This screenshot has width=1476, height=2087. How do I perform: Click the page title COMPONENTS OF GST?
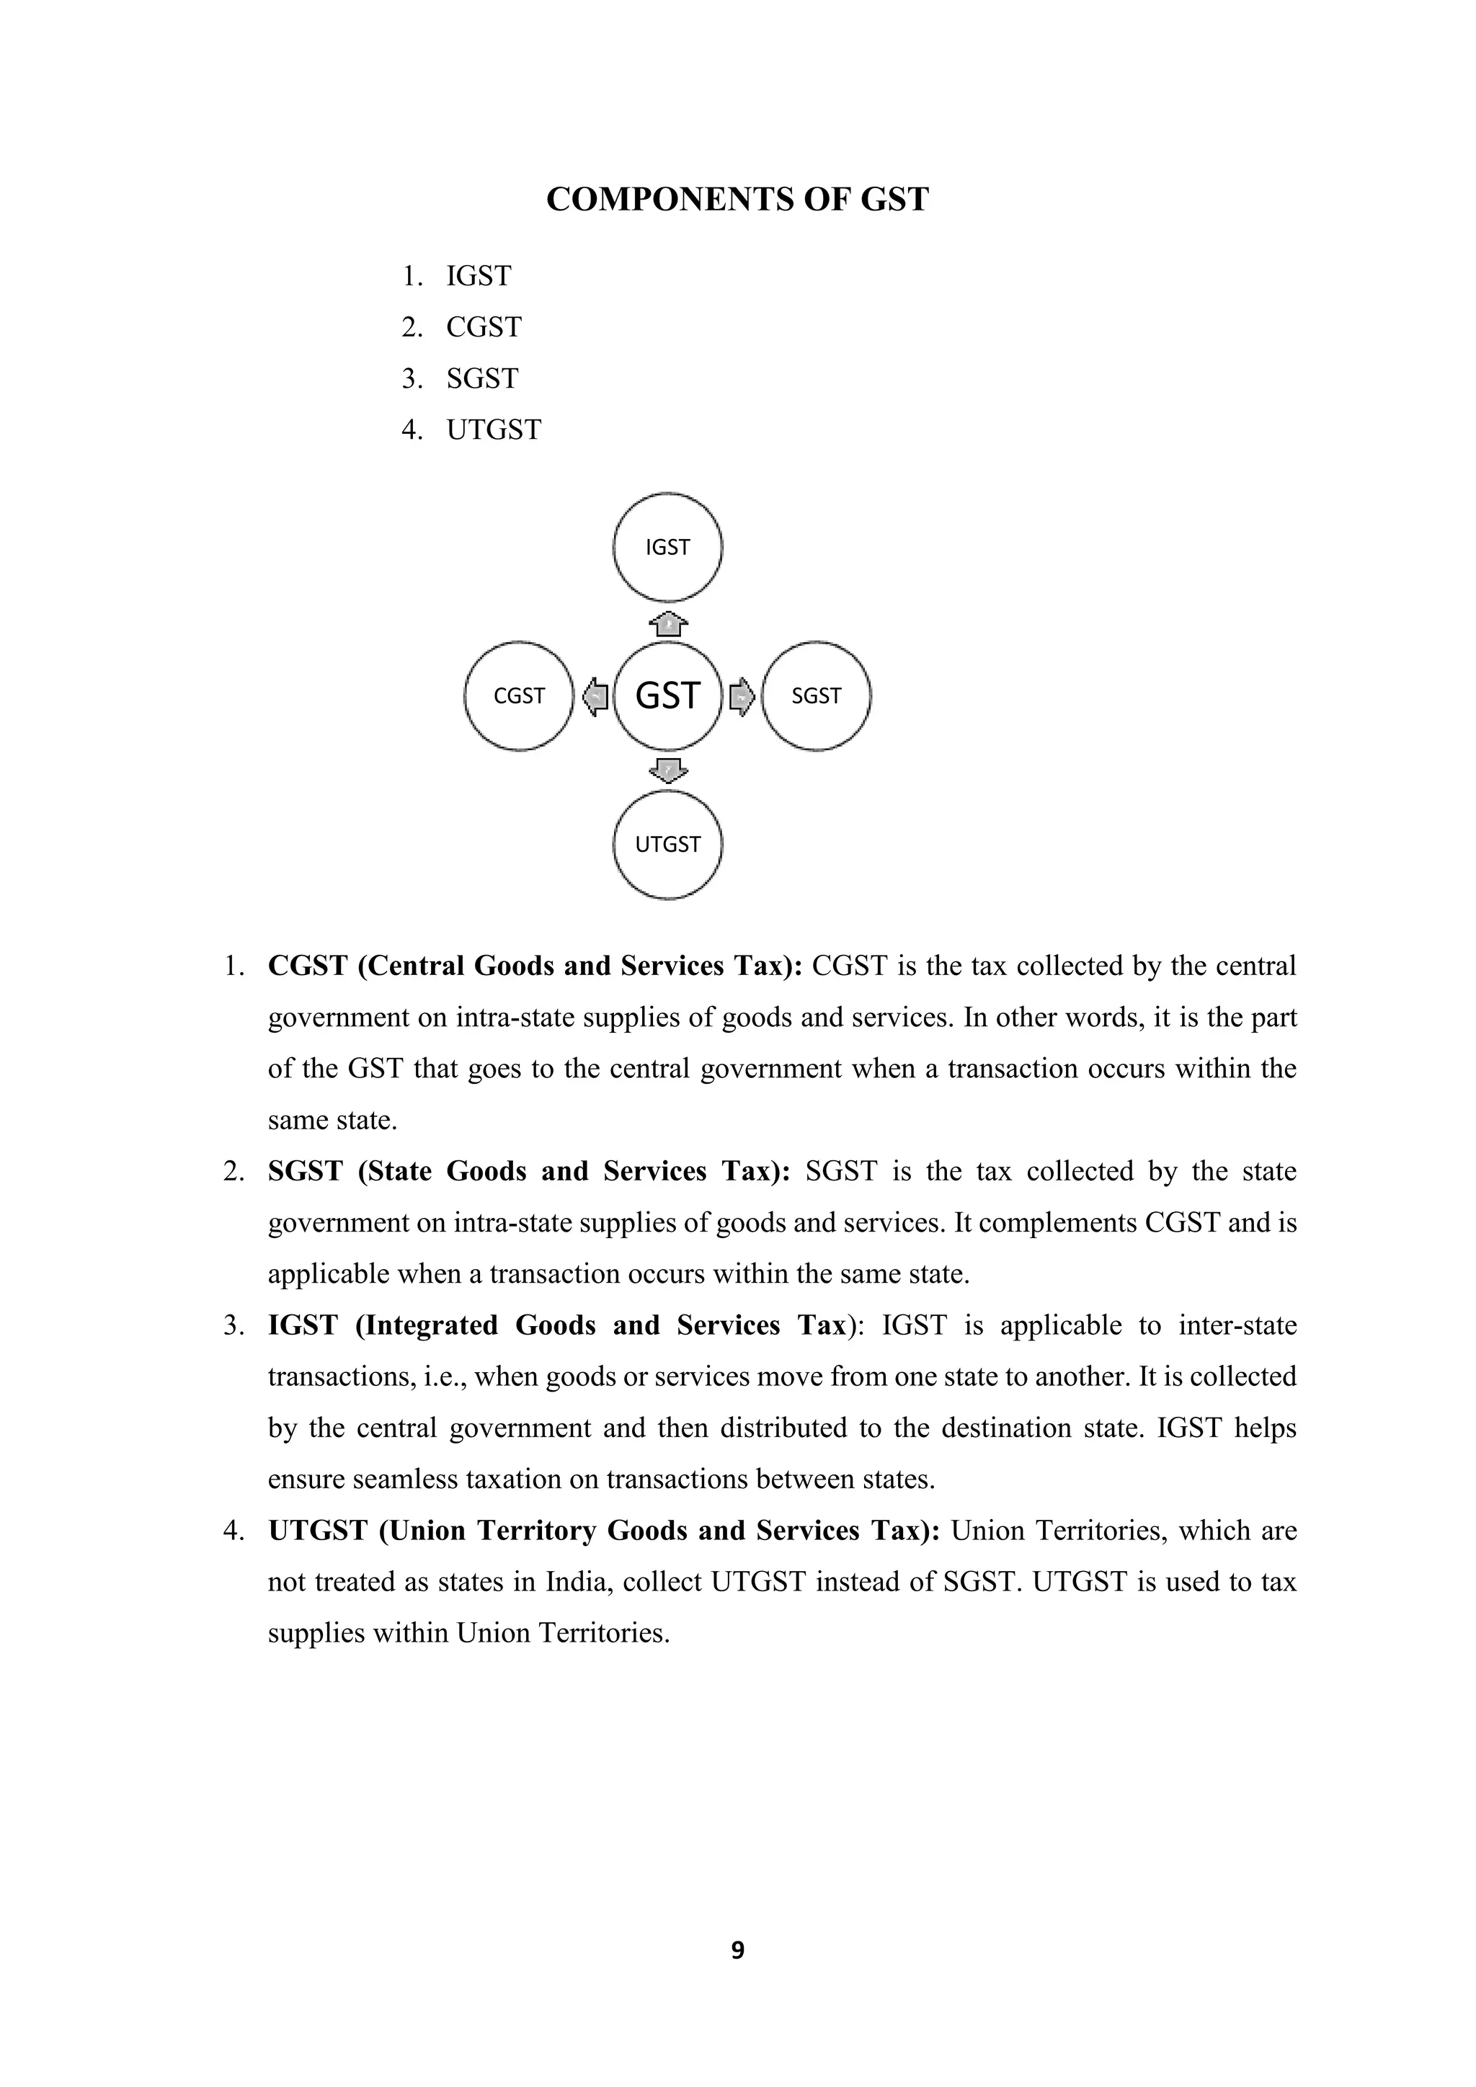tap(737, 200)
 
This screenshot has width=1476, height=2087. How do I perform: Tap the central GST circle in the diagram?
tap(668, 696)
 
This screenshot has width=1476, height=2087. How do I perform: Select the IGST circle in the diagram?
tap(668, 547)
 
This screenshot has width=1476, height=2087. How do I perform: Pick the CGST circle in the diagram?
tap(519, 696)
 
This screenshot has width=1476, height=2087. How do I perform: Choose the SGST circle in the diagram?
tap(816, 696)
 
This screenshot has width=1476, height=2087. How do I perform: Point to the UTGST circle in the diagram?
tap(668, 845)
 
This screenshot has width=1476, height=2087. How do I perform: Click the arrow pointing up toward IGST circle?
tap(668, 626)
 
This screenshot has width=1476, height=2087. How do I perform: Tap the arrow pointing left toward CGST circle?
tap(595, 697)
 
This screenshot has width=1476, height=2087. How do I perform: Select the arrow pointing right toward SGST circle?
tap(742, 697)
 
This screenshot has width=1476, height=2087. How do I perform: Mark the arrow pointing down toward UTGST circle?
tap(668, 770)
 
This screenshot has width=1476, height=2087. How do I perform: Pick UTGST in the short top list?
tap(494, 430)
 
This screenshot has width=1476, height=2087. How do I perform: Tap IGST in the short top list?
tap(479, 276)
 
